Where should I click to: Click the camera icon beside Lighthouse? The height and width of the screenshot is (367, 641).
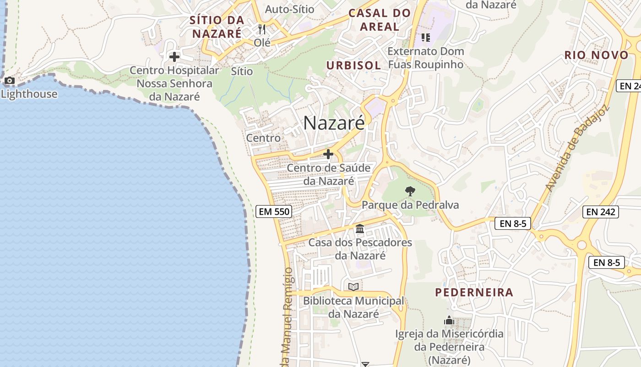(x=9, y=81)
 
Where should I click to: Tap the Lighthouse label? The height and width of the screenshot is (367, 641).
(x=29, y=94)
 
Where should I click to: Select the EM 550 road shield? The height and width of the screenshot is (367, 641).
(x=274, y=211)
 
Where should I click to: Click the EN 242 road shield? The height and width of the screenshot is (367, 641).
(x=601, y=211)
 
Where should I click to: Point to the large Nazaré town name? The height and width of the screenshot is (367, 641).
(x=334, y=123)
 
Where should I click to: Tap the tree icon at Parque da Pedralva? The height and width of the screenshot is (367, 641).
(x=410, y=191)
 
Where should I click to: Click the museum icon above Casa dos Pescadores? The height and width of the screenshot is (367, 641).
(x=360, y=228)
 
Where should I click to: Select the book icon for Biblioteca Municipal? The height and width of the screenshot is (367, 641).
(x=353, y=287)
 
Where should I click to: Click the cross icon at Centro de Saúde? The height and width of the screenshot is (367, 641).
(x=328, y=154)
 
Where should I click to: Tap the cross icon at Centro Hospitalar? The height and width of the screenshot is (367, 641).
(x=174, y=57)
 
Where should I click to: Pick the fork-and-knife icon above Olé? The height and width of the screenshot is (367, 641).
(x=262, y=29)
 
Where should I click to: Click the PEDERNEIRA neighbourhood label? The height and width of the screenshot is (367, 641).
(x=474, y=292)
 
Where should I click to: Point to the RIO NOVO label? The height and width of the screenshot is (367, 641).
(x=596, y=55)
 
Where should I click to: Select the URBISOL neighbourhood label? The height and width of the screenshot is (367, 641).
(x=353, y=65)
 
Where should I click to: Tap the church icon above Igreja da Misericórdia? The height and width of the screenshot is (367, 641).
(x=449, y=320)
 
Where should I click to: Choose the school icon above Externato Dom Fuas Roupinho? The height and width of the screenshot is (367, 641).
(x=425, y=38)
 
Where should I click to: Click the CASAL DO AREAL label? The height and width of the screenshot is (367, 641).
(x=380, y=20)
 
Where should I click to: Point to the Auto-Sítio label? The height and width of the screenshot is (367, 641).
(x=289, y=9)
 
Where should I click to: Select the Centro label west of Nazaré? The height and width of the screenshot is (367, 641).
(x=263, y=138)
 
